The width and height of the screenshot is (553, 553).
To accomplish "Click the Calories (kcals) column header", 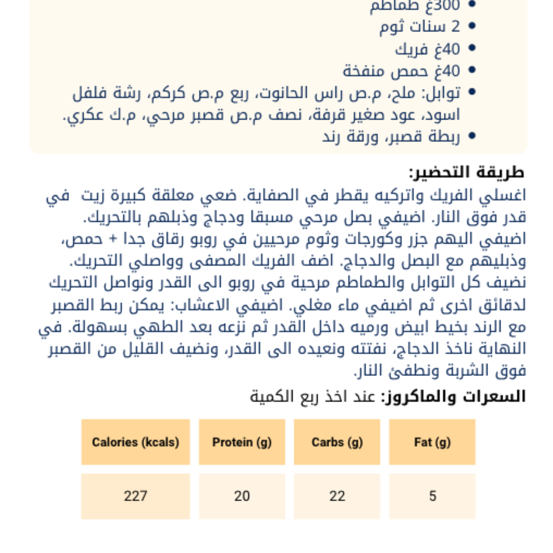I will tap(135, 442).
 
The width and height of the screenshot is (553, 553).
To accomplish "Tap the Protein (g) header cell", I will tap(242, 442).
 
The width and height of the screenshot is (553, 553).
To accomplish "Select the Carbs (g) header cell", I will tap(337, 442).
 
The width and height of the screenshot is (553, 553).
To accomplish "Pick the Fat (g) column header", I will tap(432, 442).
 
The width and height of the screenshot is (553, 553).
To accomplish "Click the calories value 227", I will tap(135, 496).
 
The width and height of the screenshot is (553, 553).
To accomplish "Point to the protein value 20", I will tap(242, 496).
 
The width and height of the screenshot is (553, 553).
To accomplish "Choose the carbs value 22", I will tap(337, 496).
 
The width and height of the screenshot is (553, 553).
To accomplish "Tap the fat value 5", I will tap(432, 496).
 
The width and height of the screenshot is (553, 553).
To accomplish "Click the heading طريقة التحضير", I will tap(467, 173).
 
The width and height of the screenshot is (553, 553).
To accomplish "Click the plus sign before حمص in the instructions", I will tap(114, 238).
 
